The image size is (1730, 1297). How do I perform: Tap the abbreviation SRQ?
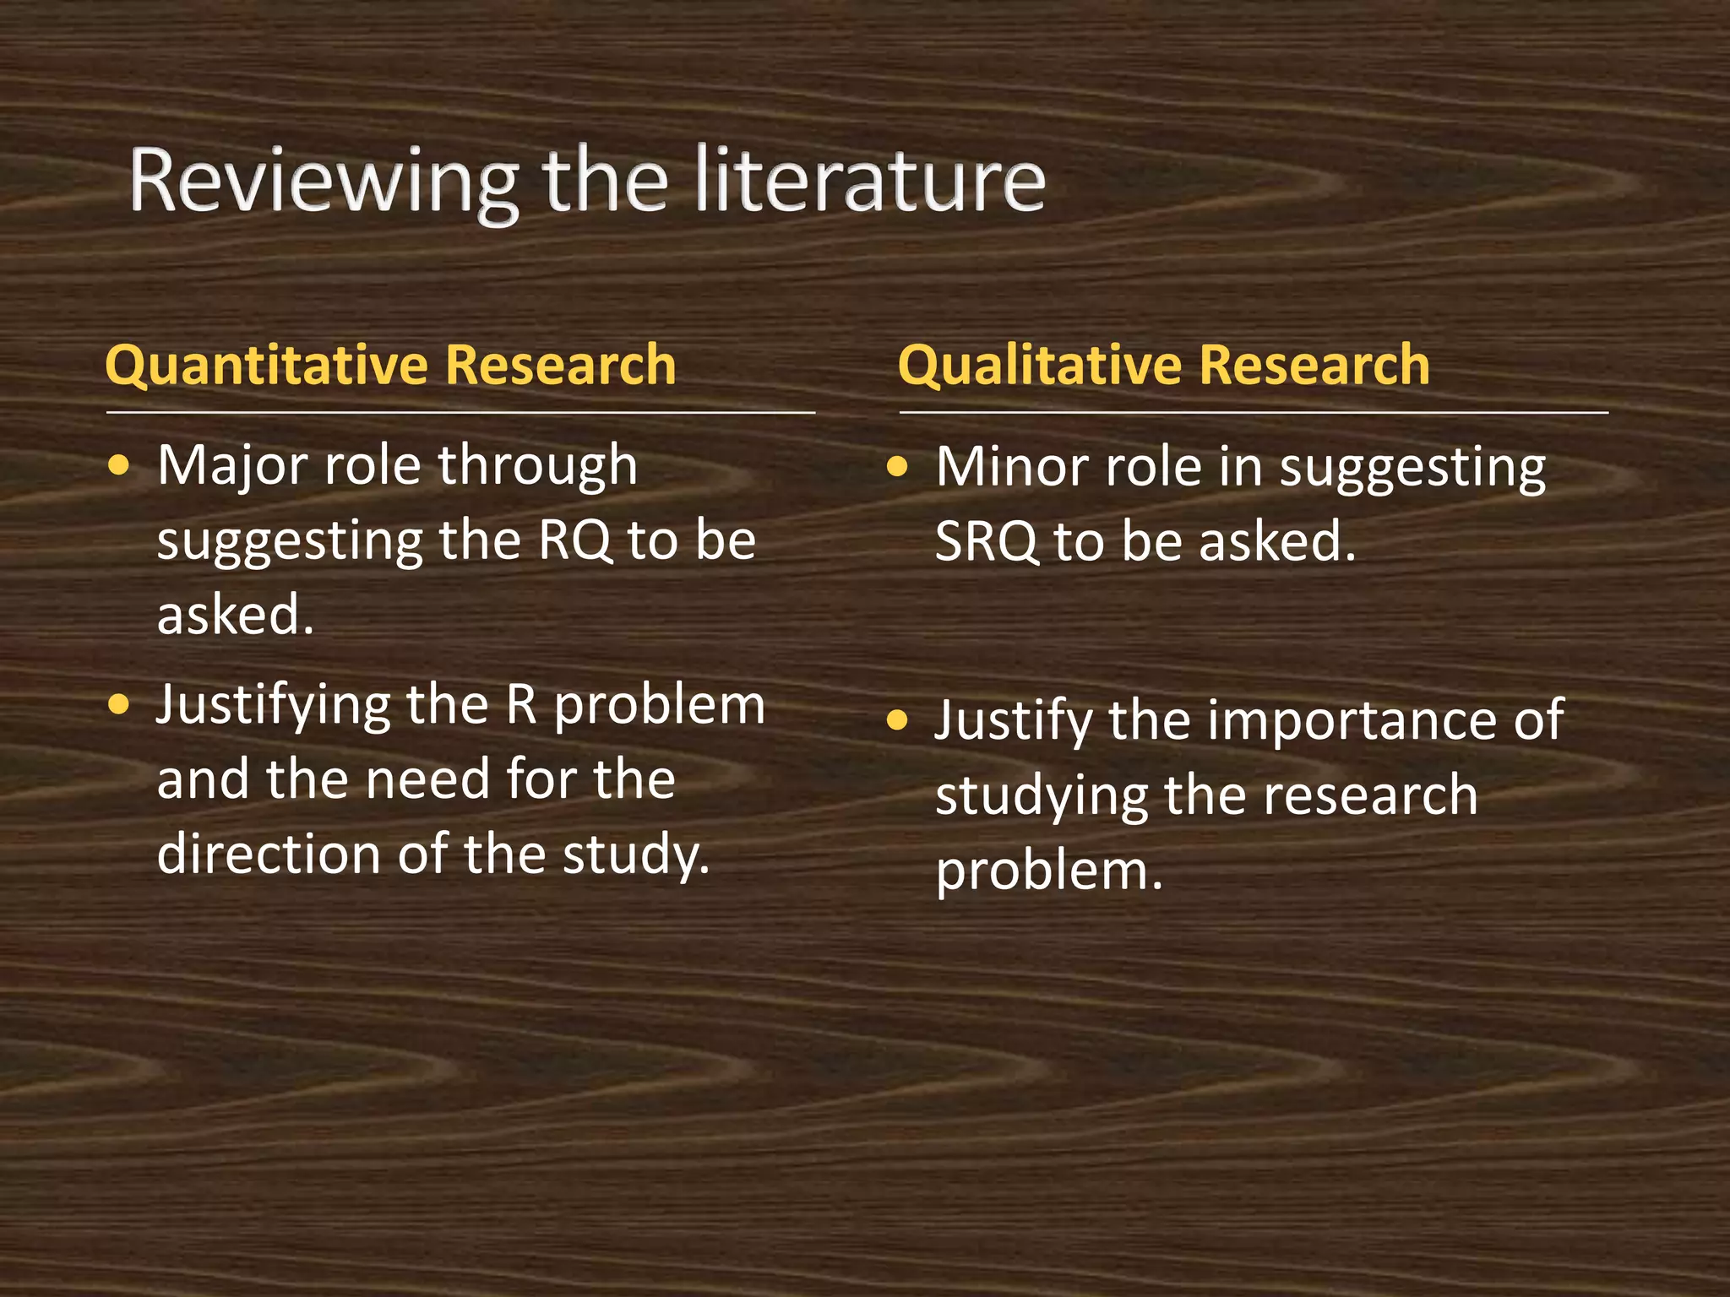[986, 541]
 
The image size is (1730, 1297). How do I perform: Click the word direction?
[269, 854]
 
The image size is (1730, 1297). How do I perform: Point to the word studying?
[1041, 796]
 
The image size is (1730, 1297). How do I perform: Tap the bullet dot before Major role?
[120, 465]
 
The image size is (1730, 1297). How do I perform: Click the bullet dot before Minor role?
[897, 466]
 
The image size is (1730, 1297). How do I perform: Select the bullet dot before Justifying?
[120, 704]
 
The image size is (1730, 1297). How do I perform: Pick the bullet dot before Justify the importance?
[897, 720]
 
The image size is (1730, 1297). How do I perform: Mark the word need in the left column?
[428, 779]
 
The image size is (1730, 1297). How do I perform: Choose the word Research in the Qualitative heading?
[1314, 366]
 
